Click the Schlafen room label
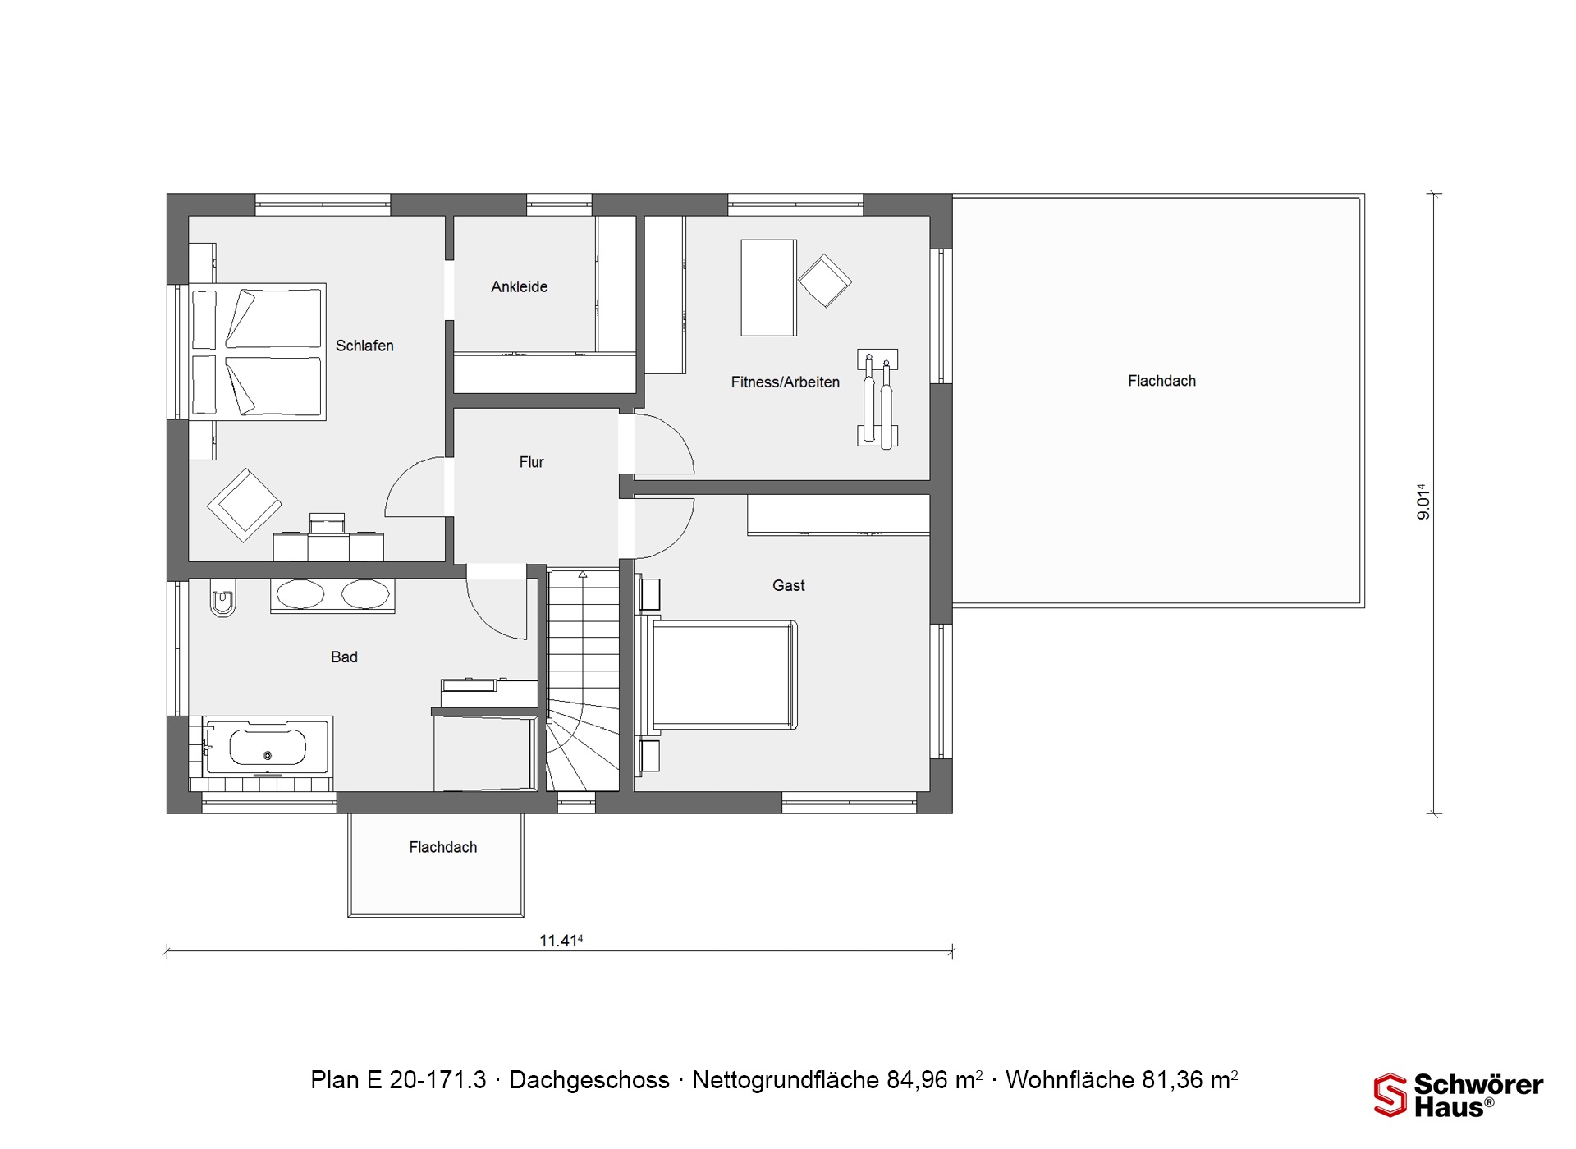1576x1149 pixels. click(364, 346)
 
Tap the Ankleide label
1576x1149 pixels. click(520, 286)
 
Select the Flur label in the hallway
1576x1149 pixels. click(532, 462)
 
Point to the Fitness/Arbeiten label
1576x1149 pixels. click(786, 382)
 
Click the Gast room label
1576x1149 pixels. click(789, 585)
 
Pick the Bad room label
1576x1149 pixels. click(344, 657)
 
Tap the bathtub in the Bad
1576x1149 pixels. click(267, 747)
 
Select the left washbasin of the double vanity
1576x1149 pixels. click(300, 594)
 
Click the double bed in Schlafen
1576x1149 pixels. click(258, 351)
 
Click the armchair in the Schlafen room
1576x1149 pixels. click(245, 505)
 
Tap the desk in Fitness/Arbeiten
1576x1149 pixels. click(768, 287)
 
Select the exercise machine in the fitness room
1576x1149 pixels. click(877, 399)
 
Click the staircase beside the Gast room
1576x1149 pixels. click(583, 680)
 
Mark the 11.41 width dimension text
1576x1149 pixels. click(561, 941)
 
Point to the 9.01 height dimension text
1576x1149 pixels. click(1423, 501)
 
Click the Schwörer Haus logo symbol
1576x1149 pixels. click(1390, 1095)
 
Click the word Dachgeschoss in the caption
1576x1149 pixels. click(589, 1080)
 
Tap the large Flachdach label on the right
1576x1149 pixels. click(1161, 381)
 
